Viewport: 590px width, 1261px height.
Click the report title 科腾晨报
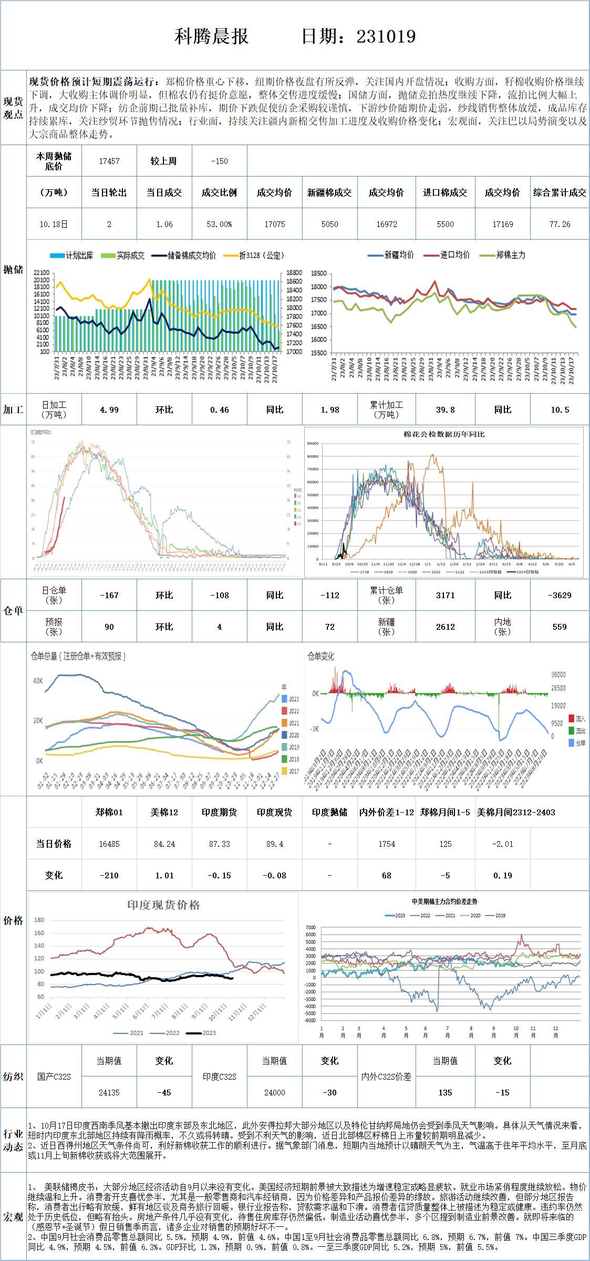point(211,36)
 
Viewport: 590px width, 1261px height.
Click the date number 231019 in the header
point(386,36)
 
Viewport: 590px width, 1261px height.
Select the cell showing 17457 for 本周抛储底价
point(109,161)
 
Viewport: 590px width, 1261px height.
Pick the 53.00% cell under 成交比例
point(219,224)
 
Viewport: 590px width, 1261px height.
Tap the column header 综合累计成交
point(560,193)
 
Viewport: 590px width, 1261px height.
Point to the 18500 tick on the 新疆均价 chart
point(319,274)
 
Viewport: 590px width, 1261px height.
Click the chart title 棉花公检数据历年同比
point(444,435)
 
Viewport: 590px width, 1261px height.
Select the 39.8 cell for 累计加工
point(445,410)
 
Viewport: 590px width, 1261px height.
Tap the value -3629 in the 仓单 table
point(560,596)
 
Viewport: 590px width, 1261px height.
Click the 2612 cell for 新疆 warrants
point(445,627)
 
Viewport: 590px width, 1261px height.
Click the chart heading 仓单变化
point(320,657)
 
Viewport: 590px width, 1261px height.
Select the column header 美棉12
point(164,813)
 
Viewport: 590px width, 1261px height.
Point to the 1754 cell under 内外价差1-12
point(386,844)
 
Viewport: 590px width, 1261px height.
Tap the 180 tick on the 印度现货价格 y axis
point(39,920)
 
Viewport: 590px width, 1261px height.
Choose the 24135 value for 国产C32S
point(109,1093)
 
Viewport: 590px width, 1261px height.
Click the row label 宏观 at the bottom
point(13,1217)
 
